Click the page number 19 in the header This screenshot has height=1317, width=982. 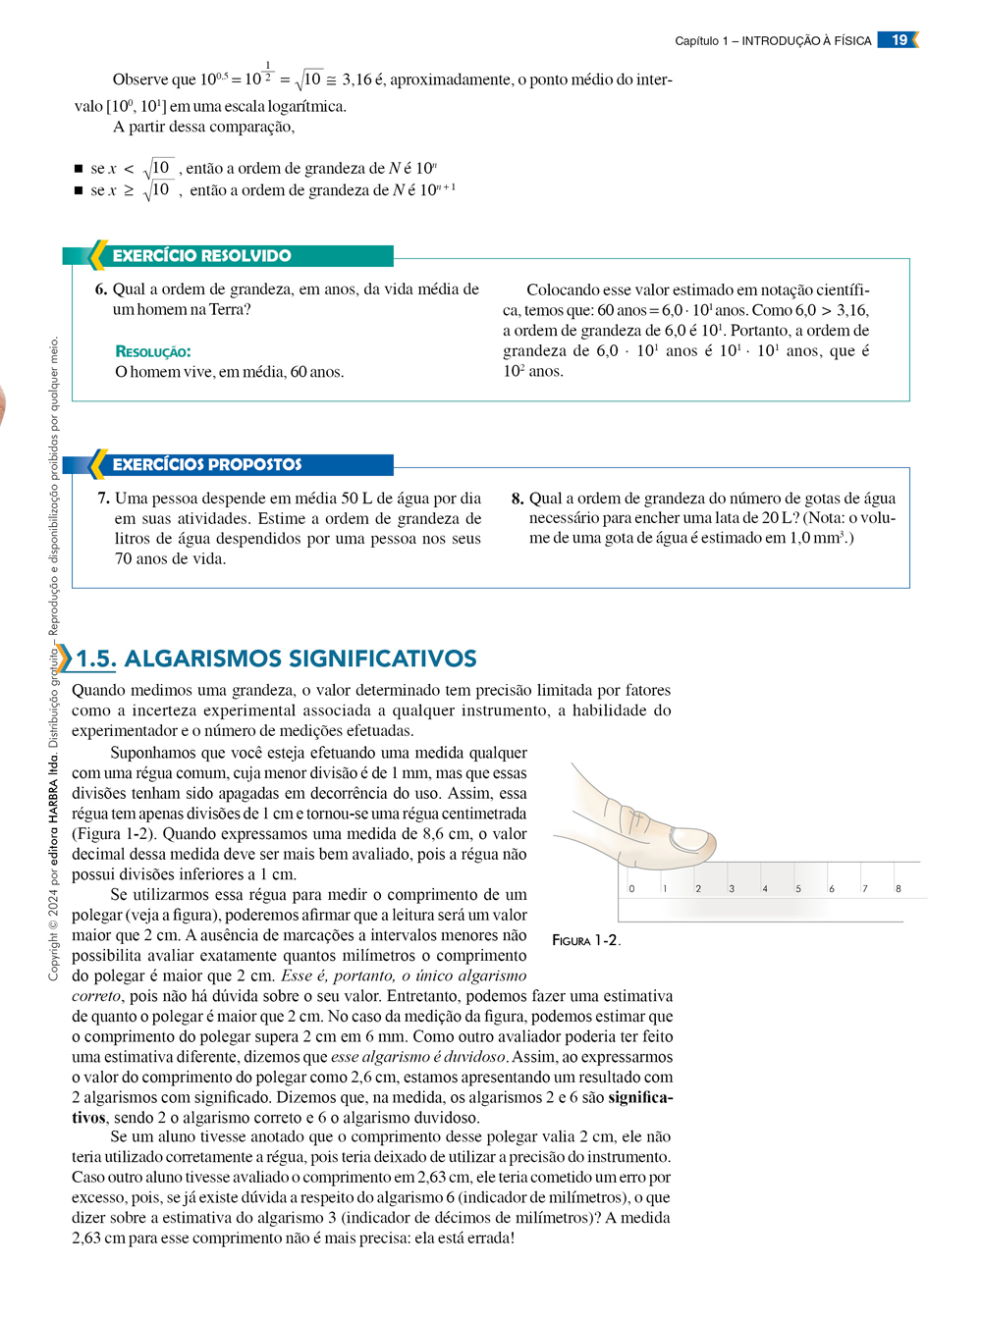(x=899, y=40)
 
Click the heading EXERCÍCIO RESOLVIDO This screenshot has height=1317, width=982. (x=201, y=256)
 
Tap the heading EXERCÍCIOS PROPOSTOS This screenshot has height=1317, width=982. (x=206, y=464)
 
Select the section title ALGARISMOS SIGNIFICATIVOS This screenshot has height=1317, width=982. (x=300, y=658)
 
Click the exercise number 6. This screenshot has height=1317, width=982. (x=100, y=290)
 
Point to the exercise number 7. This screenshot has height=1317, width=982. (x=103, y=499)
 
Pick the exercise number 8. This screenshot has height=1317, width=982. (x=518, y=499)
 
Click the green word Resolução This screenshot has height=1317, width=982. (x=153, y=351)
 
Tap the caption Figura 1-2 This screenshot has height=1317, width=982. (x=585, y=940)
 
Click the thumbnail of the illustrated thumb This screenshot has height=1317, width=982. (x=692, y=839)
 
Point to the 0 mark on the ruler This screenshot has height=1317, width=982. (x=631, y=889)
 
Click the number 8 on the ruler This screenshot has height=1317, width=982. (x=898, y=889)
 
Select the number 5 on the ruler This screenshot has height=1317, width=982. (x=797, y=889)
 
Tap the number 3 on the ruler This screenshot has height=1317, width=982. (x=732, y=889)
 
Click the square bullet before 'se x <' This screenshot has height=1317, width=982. (x=79, y=169)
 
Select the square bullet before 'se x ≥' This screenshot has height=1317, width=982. (x=79, y=190)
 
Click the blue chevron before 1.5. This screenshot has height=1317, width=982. (x=64, y=658)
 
